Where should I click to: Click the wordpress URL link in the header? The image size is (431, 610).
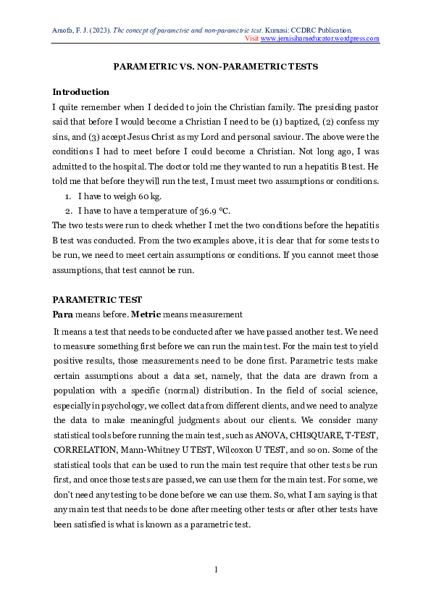320,39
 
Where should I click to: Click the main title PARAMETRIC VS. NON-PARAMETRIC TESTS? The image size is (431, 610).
216,67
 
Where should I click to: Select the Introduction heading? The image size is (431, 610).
81,92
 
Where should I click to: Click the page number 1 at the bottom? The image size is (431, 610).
216,569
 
